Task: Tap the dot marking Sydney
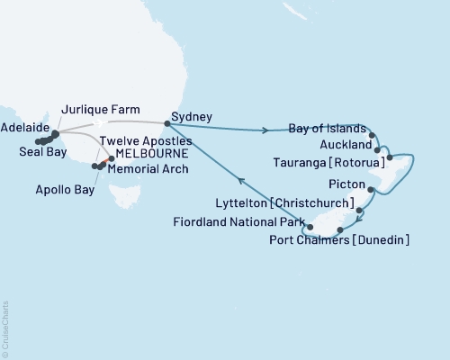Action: (168, 123)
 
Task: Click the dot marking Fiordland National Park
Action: (310, 226)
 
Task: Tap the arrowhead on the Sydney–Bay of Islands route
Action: (265, 131)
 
